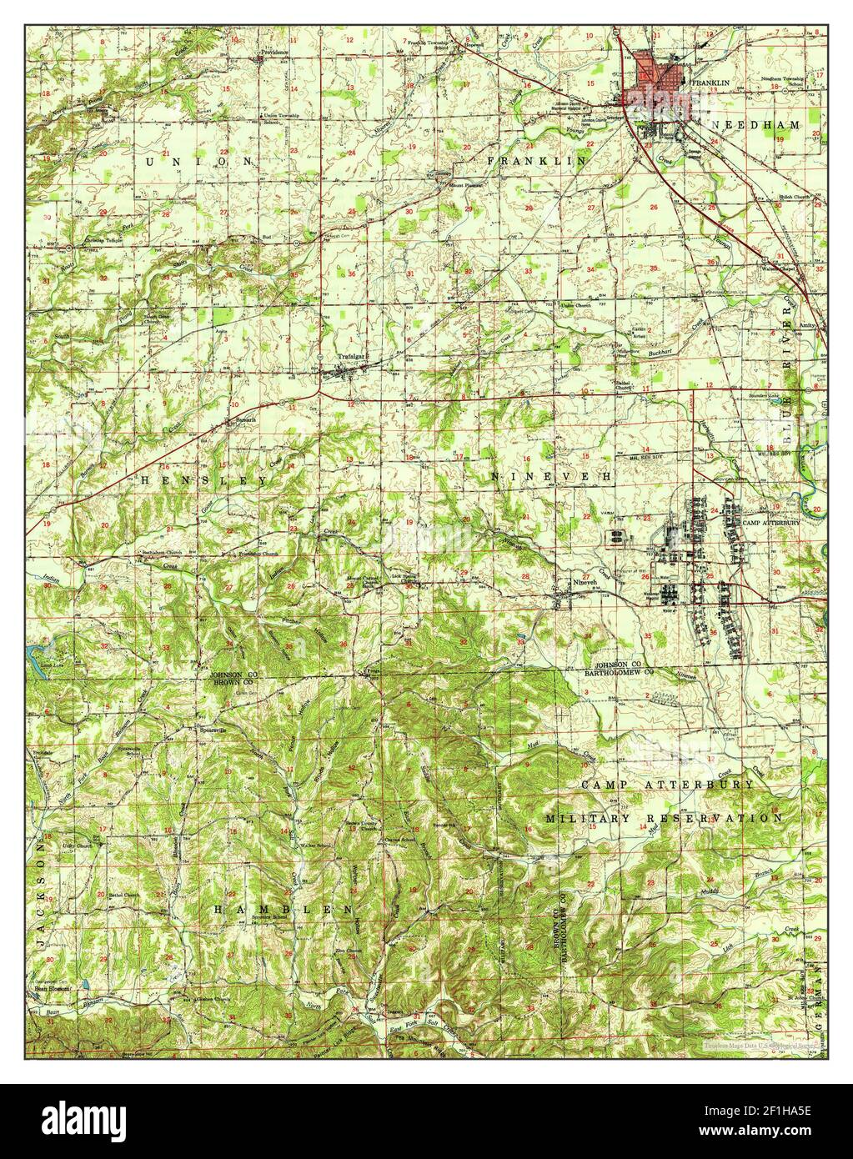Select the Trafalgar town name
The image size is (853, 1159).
[352, 356]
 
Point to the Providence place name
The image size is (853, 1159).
[273, 52]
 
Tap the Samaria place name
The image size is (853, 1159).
[243, 420]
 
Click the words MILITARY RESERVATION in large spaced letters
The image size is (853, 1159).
[665, 819]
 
